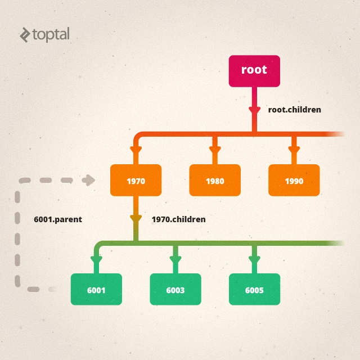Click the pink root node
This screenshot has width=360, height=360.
(254, 71)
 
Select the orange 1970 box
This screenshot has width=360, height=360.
(136, 181)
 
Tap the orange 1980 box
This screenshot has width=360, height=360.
(215, 181)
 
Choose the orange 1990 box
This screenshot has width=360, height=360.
(294, 181)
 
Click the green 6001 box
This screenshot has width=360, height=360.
(96, 290)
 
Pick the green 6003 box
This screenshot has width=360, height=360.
(175, 290)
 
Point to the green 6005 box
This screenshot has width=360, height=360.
(254, 290)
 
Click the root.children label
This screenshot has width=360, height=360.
(295, 110)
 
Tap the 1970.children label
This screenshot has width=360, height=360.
(179, 219)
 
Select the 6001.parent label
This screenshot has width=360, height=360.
(58, 219)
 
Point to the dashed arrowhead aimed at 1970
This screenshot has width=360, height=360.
(88, 181)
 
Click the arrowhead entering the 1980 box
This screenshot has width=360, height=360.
(214, 151)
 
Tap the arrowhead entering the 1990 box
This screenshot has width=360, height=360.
(293, 151)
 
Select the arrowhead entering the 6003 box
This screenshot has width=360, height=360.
(175, 260)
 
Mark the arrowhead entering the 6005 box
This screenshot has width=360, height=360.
(254, 260)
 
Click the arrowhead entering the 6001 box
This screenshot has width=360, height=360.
(96, 260)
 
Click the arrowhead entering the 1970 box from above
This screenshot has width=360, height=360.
(136, 151)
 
